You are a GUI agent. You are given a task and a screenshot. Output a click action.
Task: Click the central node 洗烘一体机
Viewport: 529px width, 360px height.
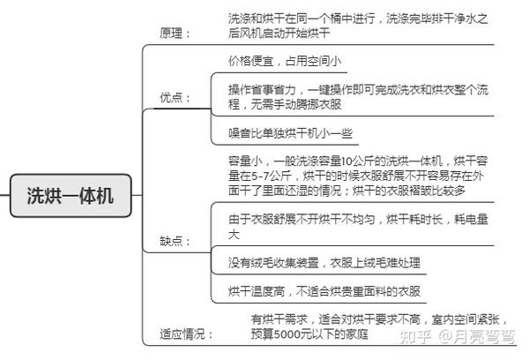point(71,196)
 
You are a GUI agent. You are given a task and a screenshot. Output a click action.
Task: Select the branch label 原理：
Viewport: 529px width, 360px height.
point(175,34)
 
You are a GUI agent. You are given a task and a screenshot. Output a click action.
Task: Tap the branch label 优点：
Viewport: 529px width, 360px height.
point(175,98)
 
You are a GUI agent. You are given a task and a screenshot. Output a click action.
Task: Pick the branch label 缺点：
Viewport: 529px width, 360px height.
point(175,241)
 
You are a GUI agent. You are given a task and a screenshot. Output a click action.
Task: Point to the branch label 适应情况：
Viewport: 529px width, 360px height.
point(187,334)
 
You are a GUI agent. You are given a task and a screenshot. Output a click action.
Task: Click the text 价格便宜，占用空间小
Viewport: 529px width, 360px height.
point(285,61)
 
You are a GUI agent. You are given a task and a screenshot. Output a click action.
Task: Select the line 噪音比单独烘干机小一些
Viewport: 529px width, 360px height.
point(290,133)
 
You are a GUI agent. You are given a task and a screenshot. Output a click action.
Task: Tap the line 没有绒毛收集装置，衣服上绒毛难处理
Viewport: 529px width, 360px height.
point(324,263)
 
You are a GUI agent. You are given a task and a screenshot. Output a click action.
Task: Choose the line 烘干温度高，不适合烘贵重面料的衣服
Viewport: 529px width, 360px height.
point(324,291)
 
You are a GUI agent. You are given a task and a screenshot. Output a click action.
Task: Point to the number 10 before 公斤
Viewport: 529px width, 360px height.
point(347,161)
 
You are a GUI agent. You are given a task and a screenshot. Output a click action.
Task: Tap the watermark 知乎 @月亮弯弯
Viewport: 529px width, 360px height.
point(458,337)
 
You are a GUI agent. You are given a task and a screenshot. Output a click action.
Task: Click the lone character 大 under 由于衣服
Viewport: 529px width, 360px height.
point(234,234)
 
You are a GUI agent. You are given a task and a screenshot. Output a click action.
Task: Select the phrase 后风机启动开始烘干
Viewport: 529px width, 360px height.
point(279,34)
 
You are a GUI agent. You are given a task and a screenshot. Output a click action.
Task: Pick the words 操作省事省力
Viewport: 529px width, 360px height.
point(262,90)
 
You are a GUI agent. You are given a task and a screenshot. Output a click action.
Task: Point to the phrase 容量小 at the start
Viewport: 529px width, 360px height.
point(245,161)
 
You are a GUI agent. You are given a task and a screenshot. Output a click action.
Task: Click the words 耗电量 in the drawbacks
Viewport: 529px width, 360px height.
point(472,220)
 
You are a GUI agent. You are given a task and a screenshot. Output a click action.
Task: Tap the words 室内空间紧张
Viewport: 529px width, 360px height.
point(466,319)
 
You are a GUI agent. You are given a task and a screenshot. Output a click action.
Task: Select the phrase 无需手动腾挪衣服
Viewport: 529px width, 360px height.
point(296,104)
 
